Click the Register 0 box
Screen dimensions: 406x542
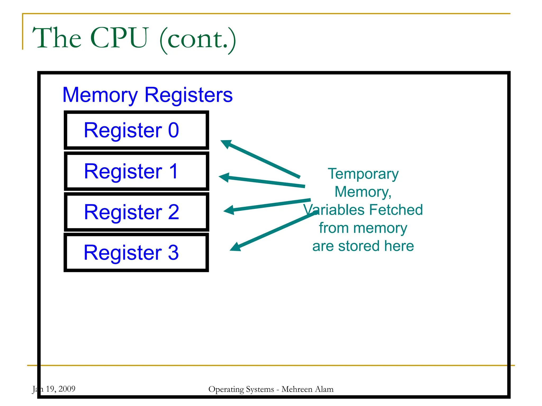pos(136,130)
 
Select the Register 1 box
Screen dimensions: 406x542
pos(136,171)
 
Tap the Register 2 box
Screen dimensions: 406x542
pos(136,212)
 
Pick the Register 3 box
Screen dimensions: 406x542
pos(136,252)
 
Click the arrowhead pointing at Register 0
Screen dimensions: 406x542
pos(226,144)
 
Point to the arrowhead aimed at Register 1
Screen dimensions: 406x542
pos(224,177)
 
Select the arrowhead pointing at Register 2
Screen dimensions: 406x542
pos(229,210)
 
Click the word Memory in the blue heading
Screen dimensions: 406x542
pos(100,95)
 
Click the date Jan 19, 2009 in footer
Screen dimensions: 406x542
pos(54,389)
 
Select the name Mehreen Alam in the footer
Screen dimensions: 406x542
pos(307,389)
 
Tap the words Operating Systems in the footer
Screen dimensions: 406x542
pos(241,389)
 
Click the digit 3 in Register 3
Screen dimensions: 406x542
pos(173,252)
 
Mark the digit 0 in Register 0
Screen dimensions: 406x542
pos(174,130)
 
